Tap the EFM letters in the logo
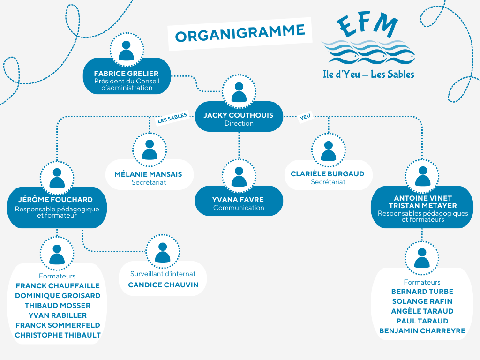367,26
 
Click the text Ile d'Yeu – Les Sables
368,74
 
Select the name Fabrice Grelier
126,74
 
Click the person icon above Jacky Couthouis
239,91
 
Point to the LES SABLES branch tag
172,118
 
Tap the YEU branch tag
305,117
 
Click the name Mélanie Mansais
148,174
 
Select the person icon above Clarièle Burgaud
329,150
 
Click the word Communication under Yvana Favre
239,208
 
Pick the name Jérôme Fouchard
55,200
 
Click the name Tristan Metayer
423,206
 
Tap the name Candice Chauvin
163,285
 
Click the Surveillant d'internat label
163,274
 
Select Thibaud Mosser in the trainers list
58,306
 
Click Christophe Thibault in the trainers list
58,335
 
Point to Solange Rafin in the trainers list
422,301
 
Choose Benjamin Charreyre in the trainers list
422,331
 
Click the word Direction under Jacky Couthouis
239,123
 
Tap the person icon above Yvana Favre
239,176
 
